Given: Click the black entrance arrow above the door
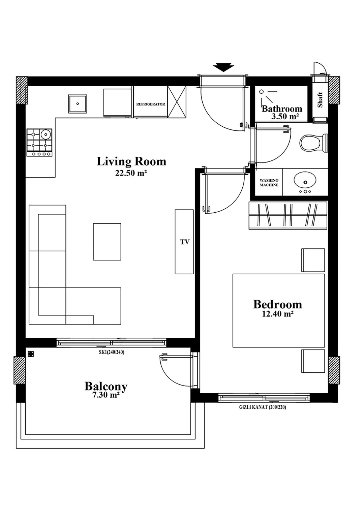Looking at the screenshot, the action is tap(223, 67).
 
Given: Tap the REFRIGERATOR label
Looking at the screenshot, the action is tap(151, 104).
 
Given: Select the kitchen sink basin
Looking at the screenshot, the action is tap(78, 104).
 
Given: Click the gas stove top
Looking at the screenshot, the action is tap(39, 142).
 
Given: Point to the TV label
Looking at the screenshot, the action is tap(185, 242).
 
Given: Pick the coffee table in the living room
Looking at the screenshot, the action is tap(107, 242).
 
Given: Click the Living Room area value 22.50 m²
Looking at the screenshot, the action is tap(131, 173).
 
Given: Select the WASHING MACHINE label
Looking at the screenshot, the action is tap(269, 182).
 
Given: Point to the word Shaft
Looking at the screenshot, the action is tap(320, 100).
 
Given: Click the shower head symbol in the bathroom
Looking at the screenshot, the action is tap(261, 92).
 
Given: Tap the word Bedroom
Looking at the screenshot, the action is tap(277, 304).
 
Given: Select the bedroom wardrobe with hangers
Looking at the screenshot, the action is tap(288, 215).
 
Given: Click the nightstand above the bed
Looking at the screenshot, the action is tap(313, 260).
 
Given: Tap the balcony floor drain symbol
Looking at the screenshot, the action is tap(31, 354).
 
